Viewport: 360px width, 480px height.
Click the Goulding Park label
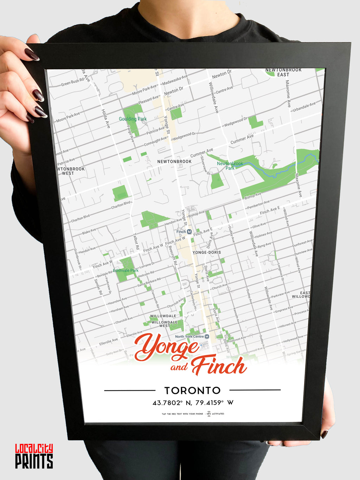tap(133, 119)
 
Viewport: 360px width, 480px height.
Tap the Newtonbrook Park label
tap(230, 166)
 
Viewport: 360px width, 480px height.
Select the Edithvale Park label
tap(126, 270)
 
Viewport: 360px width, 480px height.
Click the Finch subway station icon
tap(189, 232)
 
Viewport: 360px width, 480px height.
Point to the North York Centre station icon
tap(207, 337)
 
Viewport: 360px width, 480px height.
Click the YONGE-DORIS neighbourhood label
tap(207, 252)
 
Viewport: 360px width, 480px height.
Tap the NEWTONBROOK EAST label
tap(283, 72)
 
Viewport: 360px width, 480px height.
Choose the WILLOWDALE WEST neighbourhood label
tap(165, 324)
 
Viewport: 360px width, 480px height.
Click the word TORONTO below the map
tap(192, 390)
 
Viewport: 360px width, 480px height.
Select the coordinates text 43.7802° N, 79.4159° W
tap(193, 403)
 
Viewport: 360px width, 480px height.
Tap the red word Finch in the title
tap(219, 366)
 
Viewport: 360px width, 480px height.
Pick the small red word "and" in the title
tap(179, 367)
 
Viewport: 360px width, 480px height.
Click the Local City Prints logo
tap(34, 456)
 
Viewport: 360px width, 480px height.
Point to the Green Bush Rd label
tap(72, 82)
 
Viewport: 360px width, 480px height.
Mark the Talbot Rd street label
tap(136, 242)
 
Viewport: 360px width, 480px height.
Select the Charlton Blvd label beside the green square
tap(121, 205)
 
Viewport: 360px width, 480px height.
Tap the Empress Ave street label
tap(284, 310)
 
